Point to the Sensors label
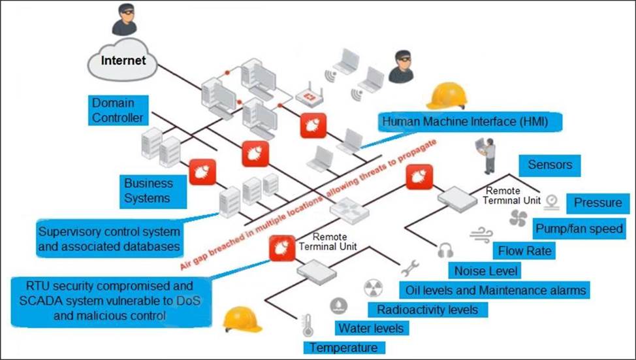(x=550, y=165)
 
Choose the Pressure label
(x=597, y=203)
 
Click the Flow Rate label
(x=524, y=250)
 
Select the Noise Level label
(x=486, y=270)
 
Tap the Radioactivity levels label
(x=428, y=308)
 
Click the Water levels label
(x=370, y=327)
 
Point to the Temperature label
(x=343, y=347)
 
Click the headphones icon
(x=445, y=248)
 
